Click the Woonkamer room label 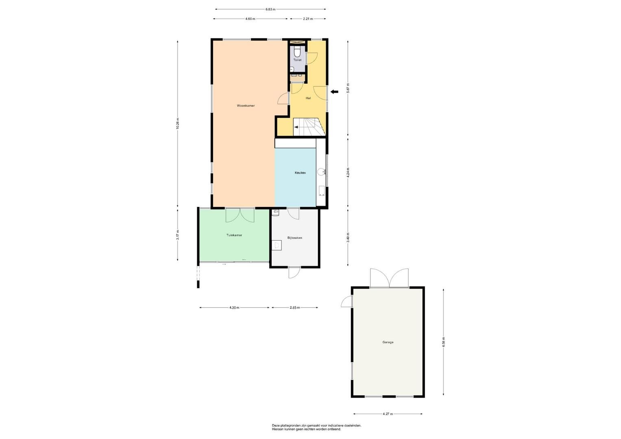[x=246, y=106]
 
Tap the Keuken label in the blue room [x=300, y=173]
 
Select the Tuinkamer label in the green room [x=234, y=235]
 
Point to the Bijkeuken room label [x=295, y=238]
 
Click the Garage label [x=388, y=342]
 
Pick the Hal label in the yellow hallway [x=308, y=98]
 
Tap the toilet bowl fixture [x=297, y=52]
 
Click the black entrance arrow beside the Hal [x=335, y=92]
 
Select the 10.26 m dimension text [x=177, y=123]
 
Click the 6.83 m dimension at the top [x=270, y=9]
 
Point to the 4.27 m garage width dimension [x=388, y=414]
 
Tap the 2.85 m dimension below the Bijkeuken [x=295, y=307]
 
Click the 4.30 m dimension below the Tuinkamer [x=234, y=307]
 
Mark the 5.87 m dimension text [x=348, y=88]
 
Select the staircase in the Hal [x=309, y=127]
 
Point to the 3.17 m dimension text [x=177, y=235]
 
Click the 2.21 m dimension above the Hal [x=308, y=19]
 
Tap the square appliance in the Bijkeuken [x=277, y=245]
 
